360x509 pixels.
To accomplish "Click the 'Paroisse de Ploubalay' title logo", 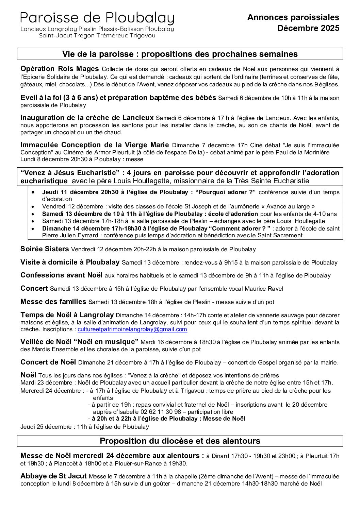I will click(97, 18).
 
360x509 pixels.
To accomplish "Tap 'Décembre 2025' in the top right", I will click(308, 28).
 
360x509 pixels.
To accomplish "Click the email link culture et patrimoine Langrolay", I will click(132, 329).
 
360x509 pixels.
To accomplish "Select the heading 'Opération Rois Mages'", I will click(60, 68).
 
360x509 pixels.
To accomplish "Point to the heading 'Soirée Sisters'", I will click(45, 249).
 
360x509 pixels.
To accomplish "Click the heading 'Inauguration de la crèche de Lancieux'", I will click(87, 118).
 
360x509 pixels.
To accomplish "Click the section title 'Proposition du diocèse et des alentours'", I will click(180, 441).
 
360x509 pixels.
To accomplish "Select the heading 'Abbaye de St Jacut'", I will click(53, 476).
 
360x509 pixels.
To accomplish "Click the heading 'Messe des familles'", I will click(53, 301).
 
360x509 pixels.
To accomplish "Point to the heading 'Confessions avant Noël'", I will click(61, 275).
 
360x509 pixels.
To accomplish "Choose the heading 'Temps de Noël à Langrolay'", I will click(67, 315).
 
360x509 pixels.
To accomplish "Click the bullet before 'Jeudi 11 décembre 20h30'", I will click(33, 192).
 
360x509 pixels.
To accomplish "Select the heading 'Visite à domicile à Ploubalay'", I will click(70, 262).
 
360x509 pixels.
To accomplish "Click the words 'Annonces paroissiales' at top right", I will click(293, 17).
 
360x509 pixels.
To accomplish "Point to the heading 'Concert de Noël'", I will click(48, 362).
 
